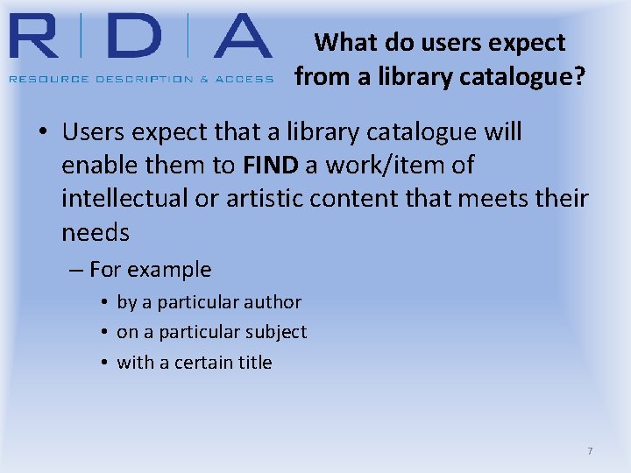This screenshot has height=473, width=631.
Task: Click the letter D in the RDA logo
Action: (x=132, y=36)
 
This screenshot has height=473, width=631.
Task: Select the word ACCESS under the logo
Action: (x=245, y=79)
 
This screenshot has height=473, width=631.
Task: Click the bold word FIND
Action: (x=272, y=166)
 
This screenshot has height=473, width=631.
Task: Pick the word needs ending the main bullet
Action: (x=96, y=233)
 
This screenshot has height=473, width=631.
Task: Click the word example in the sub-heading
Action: (x=171, y=270)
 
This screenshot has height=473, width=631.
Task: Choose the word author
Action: (x=273, y=302)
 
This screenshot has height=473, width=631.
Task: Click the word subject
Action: (x=278, y=332)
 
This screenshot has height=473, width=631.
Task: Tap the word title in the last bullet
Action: (x=254, y=363)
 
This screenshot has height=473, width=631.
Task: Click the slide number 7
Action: (x=590, y=451)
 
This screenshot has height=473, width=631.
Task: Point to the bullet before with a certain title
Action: (x=103, y=363)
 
